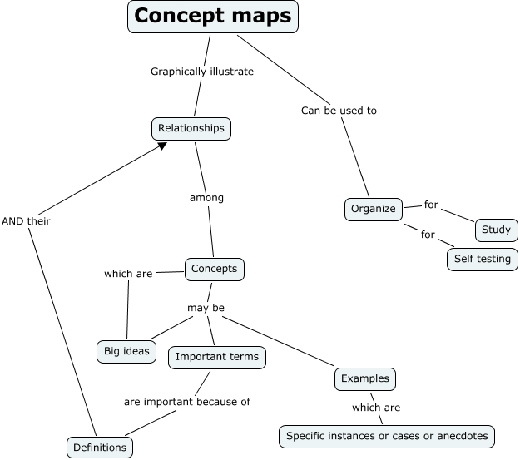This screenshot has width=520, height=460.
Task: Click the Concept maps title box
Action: (x=213, y=17)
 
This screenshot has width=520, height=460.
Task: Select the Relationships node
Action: (x=191, y=129)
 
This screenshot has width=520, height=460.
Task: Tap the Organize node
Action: (x=374, y=209)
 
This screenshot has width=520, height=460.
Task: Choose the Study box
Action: (x=496, y=230)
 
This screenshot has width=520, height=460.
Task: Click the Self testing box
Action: (x=482, y=259)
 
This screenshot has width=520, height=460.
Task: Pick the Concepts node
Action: (x=214, y=269)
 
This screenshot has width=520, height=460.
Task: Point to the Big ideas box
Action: (x=126, y=350)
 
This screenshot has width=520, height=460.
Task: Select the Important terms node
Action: (x=217, y=357)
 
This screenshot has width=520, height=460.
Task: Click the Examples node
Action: (x=364, y=378)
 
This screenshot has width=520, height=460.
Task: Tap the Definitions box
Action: (x=99, y=448)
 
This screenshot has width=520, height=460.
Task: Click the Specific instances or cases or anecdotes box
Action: (x=387, y=435)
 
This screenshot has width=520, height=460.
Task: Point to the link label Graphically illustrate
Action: (x=201, y=72)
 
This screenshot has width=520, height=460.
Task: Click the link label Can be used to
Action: (x=339, y=110)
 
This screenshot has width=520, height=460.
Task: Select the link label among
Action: (x=206, y=198)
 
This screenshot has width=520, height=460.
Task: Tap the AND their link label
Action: (x=26, y=221)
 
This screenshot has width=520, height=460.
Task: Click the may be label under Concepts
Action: (x=206, y=308)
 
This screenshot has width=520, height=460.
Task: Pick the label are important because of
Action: (x=187, y=401)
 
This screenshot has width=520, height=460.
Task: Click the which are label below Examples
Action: (x=376, y=408)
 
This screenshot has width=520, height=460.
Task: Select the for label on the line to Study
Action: (x=431, y=205)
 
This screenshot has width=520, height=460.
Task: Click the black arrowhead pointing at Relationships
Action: (x=161, y=146)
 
